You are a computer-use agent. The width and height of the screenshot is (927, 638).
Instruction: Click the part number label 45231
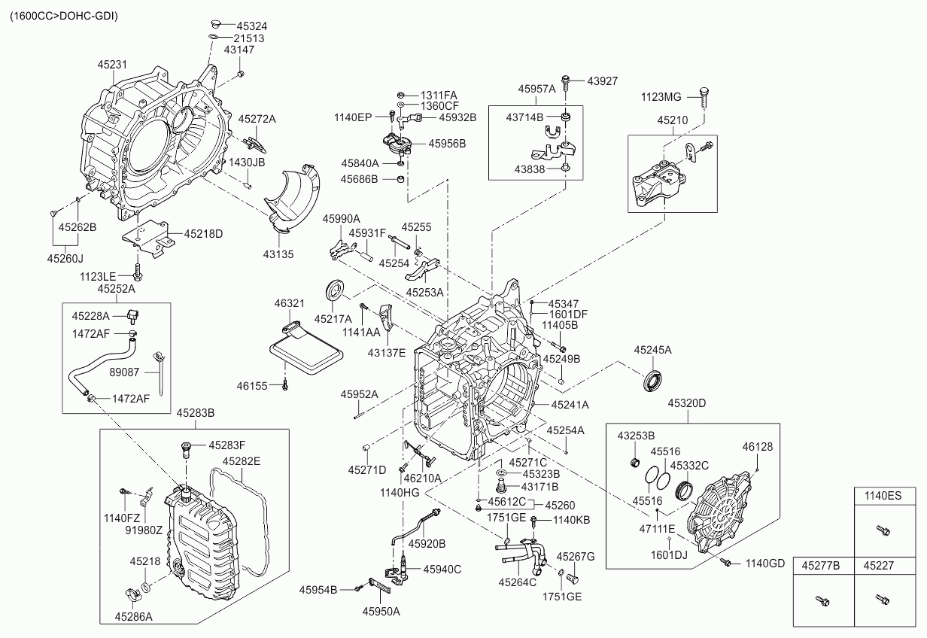[x=111, y=65]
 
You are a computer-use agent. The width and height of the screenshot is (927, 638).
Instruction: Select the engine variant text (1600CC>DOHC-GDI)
[x=63, y=15]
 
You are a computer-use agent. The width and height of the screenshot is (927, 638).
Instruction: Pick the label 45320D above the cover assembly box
[x=686, y=403]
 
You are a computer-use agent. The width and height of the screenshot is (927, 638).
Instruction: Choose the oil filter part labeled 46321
[x=304, y=350]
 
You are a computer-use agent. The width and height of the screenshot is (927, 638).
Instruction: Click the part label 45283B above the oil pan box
[x=196, y=413]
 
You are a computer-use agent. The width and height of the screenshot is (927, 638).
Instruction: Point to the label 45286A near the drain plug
[x=133, y=617]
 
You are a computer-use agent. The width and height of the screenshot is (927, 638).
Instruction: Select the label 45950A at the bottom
[x=381, y=612]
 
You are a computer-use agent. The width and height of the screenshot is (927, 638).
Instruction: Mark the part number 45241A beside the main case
[x=570, y=405]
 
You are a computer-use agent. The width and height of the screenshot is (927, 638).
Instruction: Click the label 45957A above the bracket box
[x=536, y=89]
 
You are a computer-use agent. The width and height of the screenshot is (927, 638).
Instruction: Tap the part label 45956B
[x=447, y=143]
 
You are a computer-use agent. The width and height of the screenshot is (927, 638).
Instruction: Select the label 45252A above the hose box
[x=116, y=289]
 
